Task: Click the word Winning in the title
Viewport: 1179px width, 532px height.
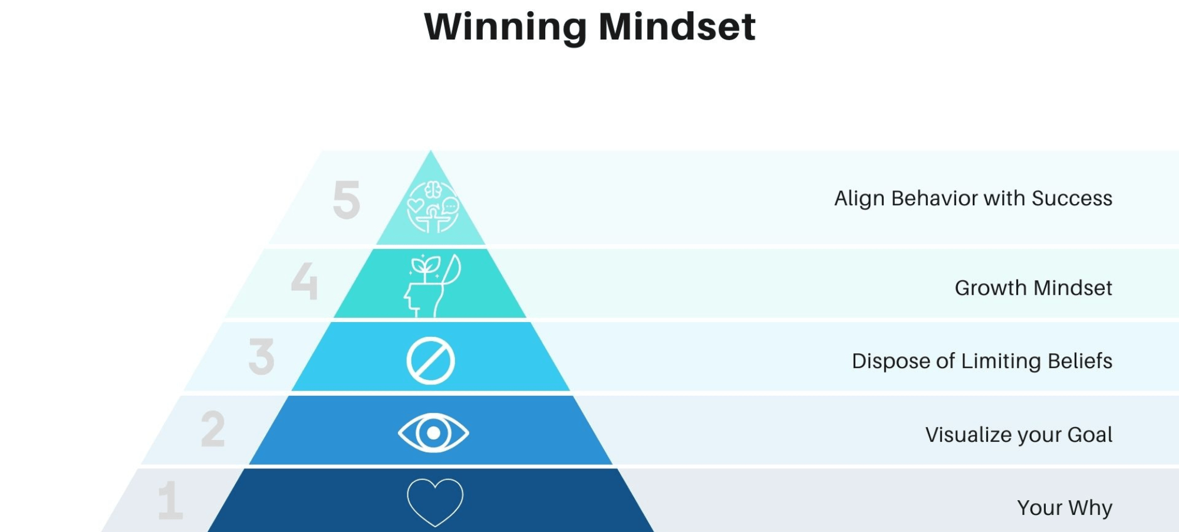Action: [505, 27]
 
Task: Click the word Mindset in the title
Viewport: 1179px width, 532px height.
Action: [677, 27]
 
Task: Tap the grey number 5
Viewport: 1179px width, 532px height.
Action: [346, 200]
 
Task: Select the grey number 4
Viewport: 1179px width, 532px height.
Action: [304, 281]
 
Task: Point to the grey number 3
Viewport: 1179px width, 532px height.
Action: [262, 356]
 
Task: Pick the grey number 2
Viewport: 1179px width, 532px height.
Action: [213, 429]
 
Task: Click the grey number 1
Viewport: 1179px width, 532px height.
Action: [171, 501]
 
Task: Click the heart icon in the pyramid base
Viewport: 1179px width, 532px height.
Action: [435, 502]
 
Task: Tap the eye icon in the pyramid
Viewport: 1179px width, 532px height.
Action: [433, 433]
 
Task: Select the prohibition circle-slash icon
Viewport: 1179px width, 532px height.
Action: [431, 361]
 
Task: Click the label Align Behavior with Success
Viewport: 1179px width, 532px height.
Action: [973, 198]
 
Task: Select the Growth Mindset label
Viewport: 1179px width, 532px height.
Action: [1033, 288]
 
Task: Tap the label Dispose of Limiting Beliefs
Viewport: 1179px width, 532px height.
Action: [982, 361]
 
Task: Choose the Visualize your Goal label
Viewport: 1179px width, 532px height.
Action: [1019, 435]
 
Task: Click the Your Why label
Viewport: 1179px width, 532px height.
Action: [1064, 508]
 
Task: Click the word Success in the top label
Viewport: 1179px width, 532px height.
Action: [1072, 198]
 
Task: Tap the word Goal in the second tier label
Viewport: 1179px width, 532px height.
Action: [1089, 435]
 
